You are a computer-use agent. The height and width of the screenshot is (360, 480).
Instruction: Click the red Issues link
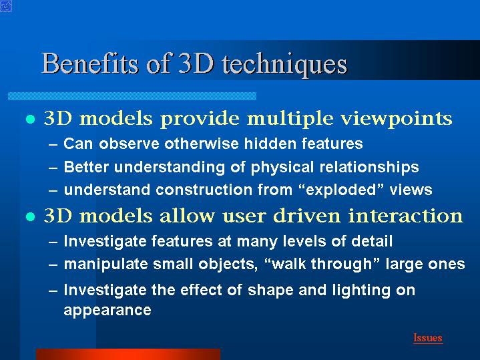click(428, 338)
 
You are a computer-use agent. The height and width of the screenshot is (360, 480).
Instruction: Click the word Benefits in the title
click(90, 63)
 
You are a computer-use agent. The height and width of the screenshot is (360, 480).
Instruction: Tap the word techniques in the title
click(285, 65)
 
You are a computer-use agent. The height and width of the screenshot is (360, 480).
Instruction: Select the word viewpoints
click(397, 119)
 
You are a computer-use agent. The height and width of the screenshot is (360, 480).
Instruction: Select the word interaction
click(406, 216)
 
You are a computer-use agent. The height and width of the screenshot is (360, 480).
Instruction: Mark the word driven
click(306, 216)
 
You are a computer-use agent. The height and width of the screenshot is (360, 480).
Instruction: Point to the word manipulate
click(106, 264)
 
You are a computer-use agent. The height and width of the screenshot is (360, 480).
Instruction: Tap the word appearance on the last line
click(107, 311)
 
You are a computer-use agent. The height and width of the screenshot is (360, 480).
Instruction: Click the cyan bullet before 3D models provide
click(30, 119)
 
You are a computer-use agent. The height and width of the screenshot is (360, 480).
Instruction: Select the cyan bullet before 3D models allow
click(30, 217)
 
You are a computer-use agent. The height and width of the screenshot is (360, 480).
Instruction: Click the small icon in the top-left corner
click(6, 6)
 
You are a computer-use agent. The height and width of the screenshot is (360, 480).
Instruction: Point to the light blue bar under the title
click(132, 96)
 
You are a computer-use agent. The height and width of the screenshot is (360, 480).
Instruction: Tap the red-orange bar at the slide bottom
click(128, 354)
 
